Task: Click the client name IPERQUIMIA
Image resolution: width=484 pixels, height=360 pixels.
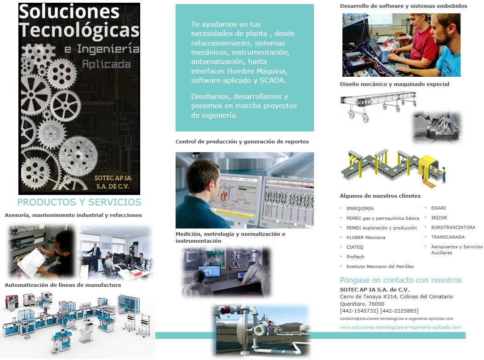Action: [359, 208]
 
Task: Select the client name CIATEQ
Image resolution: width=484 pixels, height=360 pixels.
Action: [355, 247]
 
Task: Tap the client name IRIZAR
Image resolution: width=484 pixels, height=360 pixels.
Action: [439, 217]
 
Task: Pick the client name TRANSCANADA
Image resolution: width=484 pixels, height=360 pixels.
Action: [448, 237]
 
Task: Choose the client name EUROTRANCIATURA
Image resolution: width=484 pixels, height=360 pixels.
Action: [453, 227]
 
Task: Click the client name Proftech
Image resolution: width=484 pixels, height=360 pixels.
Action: [355, 257]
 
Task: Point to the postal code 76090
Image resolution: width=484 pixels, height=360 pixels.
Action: [376, 304]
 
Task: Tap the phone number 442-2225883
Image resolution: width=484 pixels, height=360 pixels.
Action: [399, 311]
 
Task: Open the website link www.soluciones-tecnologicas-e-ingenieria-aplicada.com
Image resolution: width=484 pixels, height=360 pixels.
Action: [400, 327]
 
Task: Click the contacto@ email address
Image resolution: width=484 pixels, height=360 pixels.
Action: [397, 319]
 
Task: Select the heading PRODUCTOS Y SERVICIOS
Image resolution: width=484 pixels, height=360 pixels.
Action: [80, 202]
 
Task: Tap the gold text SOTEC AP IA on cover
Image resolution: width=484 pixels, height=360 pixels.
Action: [113, 178]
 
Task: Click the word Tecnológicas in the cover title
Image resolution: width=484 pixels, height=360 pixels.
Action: [80, 30]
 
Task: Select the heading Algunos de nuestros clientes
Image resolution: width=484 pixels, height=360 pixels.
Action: [380, 196]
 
